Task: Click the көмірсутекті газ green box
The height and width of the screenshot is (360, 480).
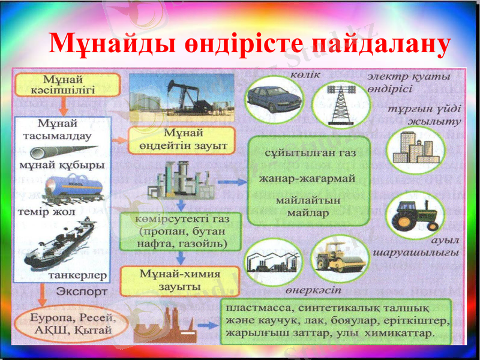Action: (181, 231)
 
